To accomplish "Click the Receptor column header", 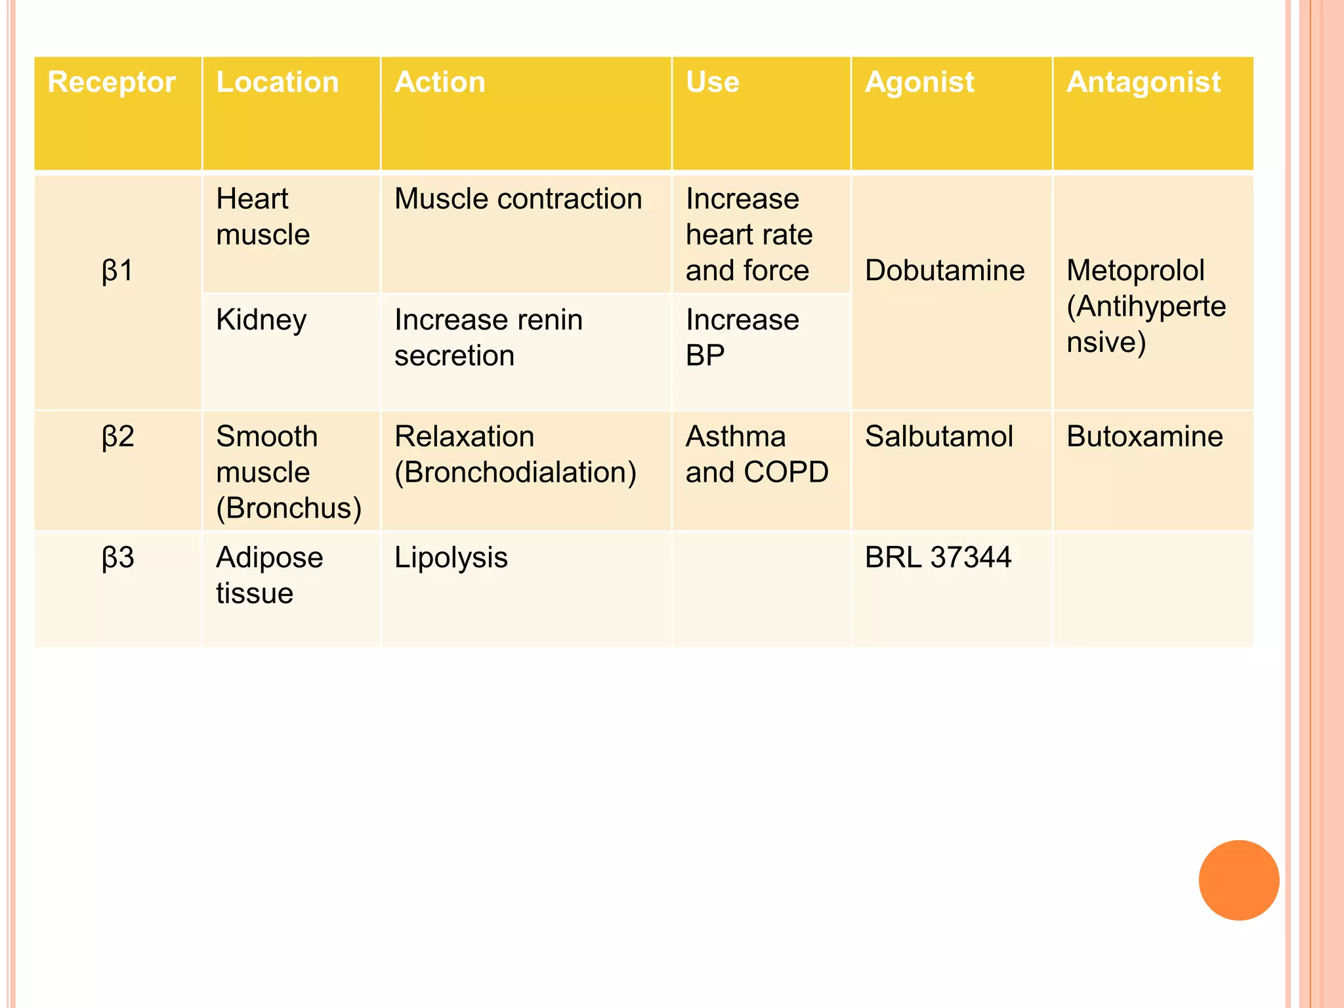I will coord(112,83).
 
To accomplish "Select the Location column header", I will coord(277,83).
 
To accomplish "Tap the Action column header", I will coord(440,83).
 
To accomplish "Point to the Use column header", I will coord(713,83).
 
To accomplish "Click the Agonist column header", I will coord(919,83).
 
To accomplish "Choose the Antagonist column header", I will coord(1143,83).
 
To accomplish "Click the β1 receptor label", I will coord(118,270).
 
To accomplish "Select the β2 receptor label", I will coord(118,436).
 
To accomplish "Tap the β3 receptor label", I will coord(118,557).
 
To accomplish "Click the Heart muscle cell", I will coord(262,217).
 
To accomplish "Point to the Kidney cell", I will coord(261,320).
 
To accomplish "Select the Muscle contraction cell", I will coord(518,199).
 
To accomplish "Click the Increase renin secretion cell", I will coord(488,337).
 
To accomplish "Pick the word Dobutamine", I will coord(944,270).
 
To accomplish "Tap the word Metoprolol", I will coord(1135,270).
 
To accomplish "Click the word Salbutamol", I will coord(939,436).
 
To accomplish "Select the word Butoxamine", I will coord(1144,436).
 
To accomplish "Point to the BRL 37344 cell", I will coord(938,557).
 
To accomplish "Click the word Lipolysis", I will coord(451,557).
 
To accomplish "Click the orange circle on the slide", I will coord(1238,880).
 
